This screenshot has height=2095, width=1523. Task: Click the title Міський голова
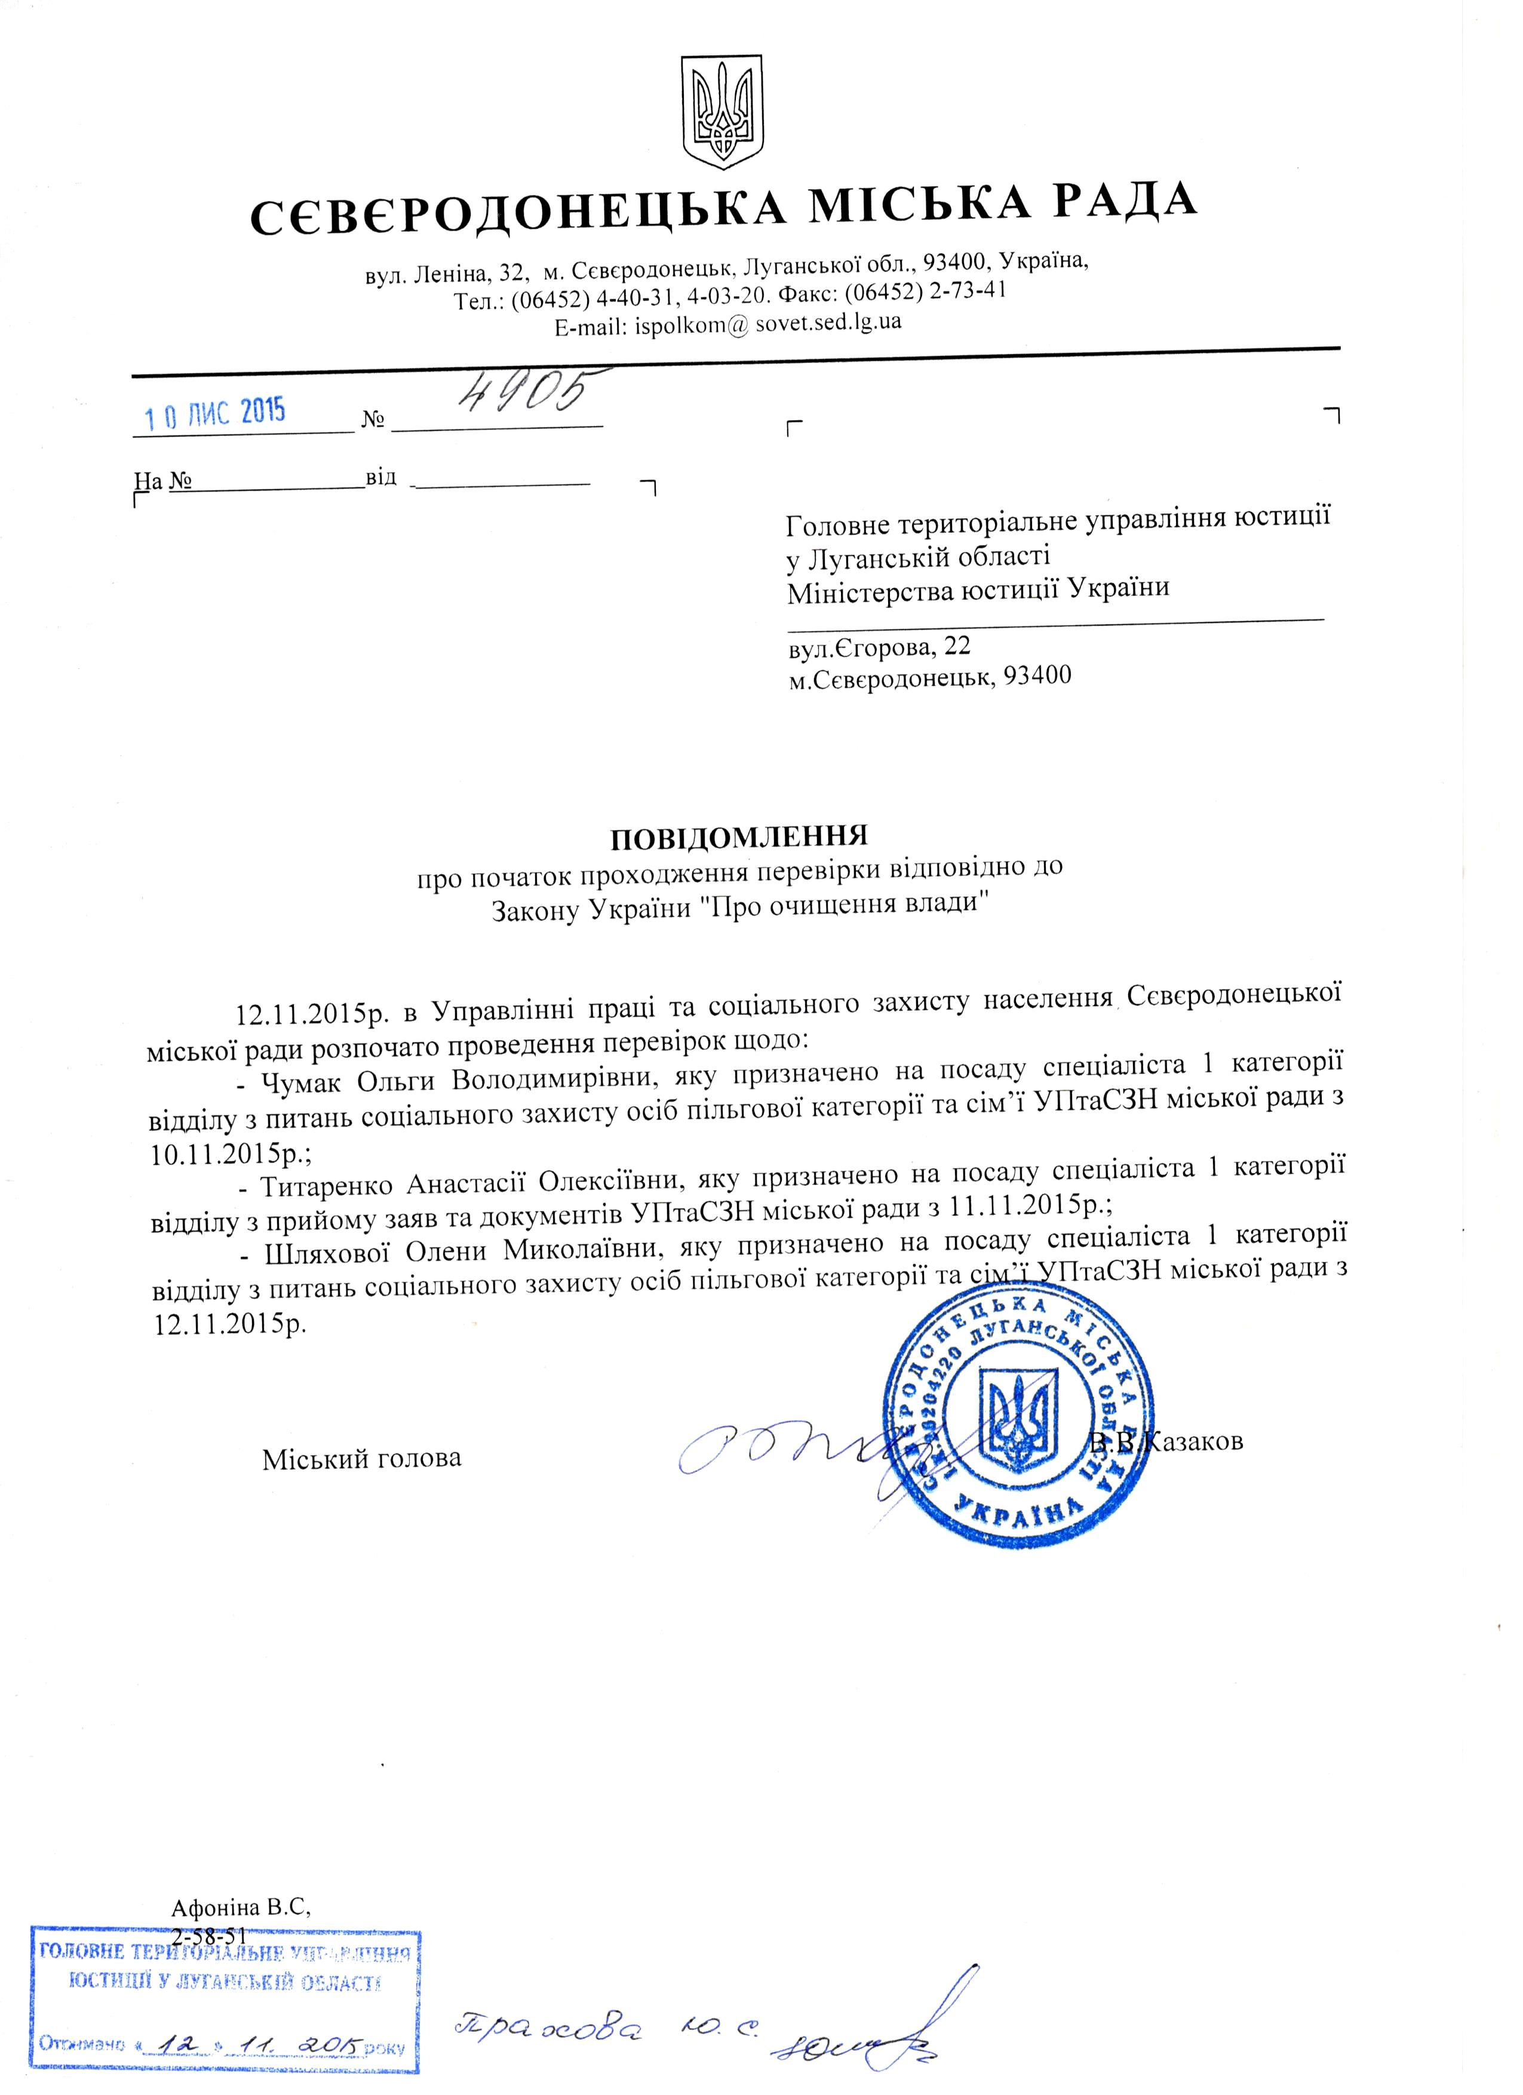pyautogui.click(x=361, y=1459)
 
